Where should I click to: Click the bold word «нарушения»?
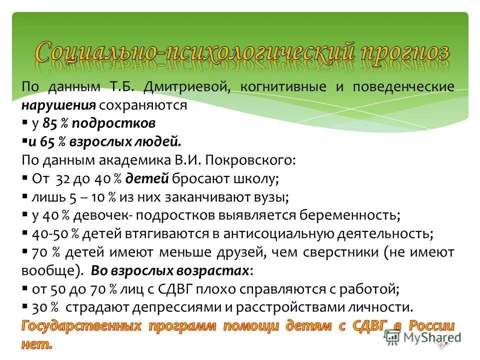click(58, 105)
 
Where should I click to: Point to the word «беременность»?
click(348, 215)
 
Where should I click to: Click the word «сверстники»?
click(339, 251)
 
